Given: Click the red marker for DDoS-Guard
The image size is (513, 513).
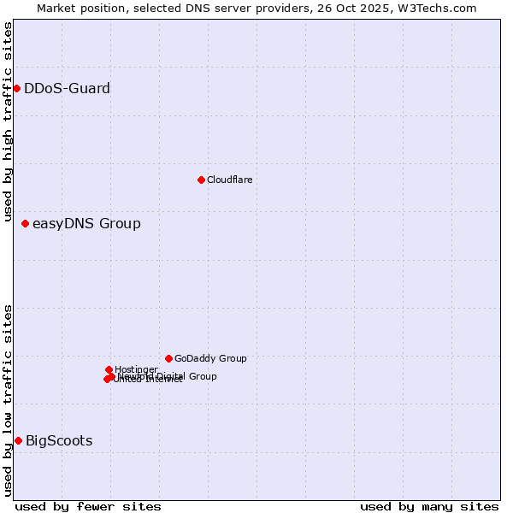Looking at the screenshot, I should (16, 88).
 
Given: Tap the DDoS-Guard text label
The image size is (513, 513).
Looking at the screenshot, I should (67, 88).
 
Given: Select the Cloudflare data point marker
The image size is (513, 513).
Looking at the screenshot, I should (201, 180).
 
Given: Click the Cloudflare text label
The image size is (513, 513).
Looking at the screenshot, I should (229, 180).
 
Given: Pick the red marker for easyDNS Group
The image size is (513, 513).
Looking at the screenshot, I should (25, 224).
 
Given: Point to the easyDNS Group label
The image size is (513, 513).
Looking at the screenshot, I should (86, 224).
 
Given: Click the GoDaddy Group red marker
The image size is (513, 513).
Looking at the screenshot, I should (168, 358).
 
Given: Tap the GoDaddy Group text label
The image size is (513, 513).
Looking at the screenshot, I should (210, 359).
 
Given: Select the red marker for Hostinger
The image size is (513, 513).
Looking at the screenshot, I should (109, 369).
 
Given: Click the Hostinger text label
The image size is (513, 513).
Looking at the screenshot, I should (136, 369).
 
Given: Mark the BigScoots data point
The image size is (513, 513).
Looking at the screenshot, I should (18, 440).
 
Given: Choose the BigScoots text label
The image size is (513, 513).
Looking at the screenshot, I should (59, 441).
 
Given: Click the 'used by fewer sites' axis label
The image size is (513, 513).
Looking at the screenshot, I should (88, 506).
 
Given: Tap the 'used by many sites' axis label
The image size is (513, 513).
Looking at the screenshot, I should (429, 506).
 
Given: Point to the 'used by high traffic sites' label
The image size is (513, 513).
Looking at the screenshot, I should (8, 122).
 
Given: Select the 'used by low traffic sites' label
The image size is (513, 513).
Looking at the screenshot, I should (8, 399).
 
